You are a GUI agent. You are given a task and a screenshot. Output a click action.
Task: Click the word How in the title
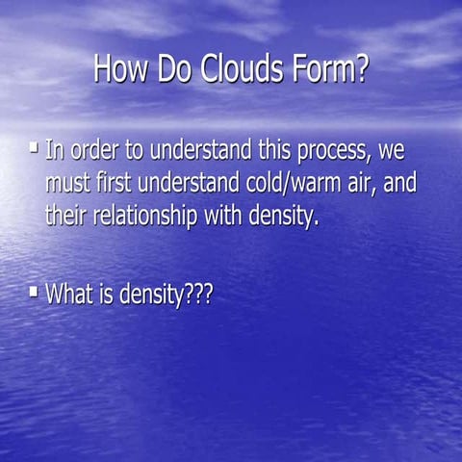[x=124, y=70]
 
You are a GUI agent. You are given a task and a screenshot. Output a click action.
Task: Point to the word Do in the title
[x=180, y=70]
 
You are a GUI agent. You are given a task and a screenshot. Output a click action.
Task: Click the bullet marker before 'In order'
[x=34, y=148]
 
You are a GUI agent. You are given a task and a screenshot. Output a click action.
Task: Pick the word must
[x=68, y=184]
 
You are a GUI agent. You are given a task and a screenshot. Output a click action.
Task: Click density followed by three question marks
[x=166, y=295]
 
